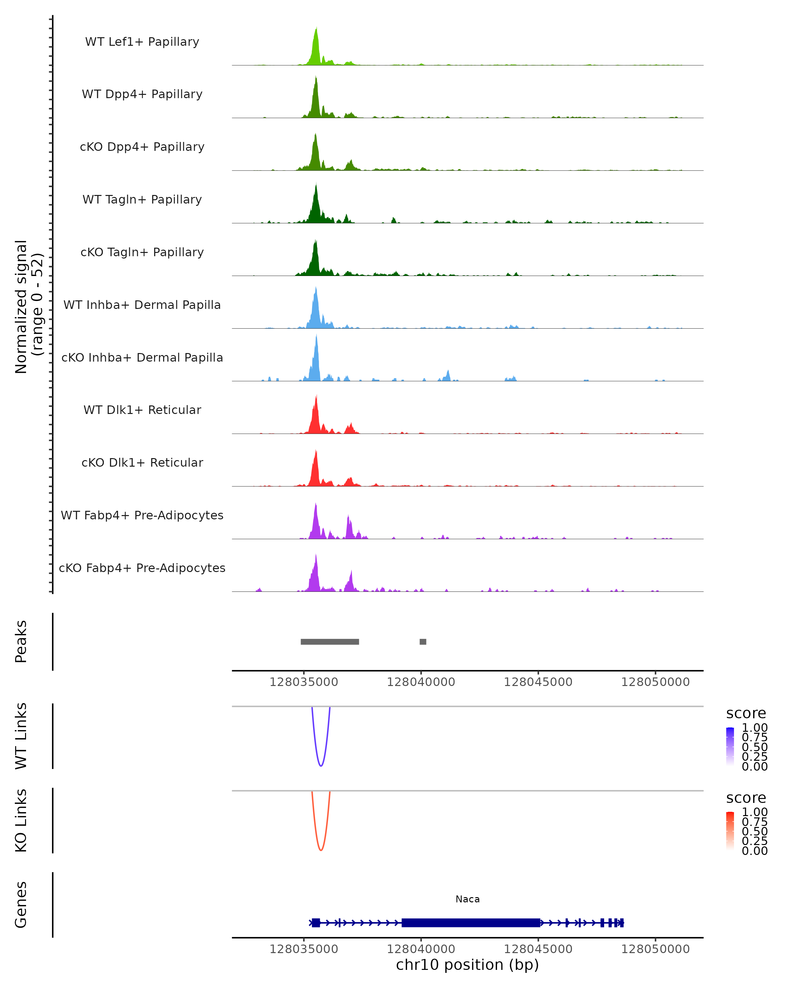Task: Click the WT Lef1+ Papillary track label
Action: (142, 42)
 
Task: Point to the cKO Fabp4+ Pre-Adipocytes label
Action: (142, 568)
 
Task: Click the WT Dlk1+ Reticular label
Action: (142, 410)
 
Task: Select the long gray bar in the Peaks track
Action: (330, 642)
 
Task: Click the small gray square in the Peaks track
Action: (423, 642)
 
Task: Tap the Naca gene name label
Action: (467, 899)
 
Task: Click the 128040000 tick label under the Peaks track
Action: (421, 682)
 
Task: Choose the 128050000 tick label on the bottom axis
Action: (655, 949)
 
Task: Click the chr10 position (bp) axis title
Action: (467, 965)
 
